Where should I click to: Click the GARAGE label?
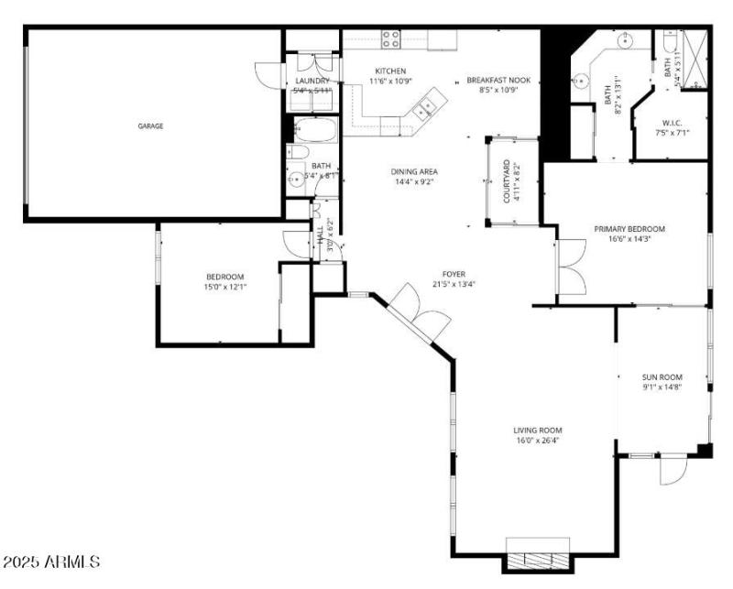point(150,126)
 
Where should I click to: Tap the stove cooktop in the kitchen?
point(391,39)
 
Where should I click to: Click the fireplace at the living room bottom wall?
point(538,561)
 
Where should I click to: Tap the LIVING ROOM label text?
point(537,430)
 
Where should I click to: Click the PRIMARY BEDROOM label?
point(629,229)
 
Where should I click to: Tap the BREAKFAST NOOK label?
point(498,80)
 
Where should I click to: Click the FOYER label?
point(454,274)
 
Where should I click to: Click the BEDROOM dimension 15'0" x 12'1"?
point(224,288)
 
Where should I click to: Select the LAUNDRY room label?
point(312,81)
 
